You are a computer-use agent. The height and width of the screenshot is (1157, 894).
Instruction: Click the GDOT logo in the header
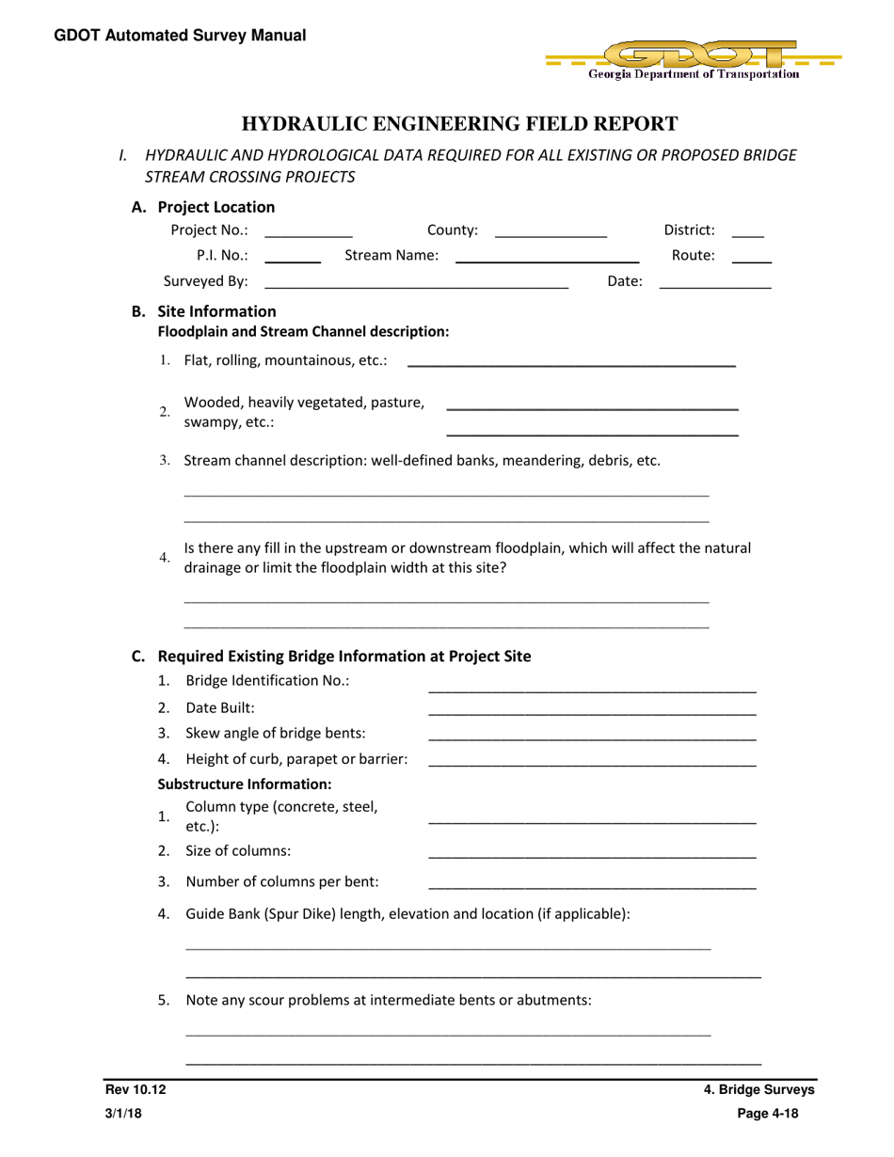click(x=693, y=58)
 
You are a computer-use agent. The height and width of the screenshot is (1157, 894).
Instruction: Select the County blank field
click(x=551, y=233)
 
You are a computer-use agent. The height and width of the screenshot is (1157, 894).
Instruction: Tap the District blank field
click(x=747, y=233)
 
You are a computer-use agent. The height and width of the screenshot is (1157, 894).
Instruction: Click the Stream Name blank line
click(x=547, y=260)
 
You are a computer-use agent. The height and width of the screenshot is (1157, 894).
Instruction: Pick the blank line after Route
click(x=751, y=260)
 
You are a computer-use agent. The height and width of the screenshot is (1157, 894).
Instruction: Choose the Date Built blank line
click(x=592, y=714)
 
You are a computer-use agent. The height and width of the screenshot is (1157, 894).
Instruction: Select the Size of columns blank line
click(x=592, y=856)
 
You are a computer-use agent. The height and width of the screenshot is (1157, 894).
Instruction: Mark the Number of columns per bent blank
click(x=592, y=887)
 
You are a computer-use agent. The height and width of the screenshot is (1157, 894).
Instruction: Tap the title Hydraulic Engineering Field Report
click(x=460, y=124)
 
